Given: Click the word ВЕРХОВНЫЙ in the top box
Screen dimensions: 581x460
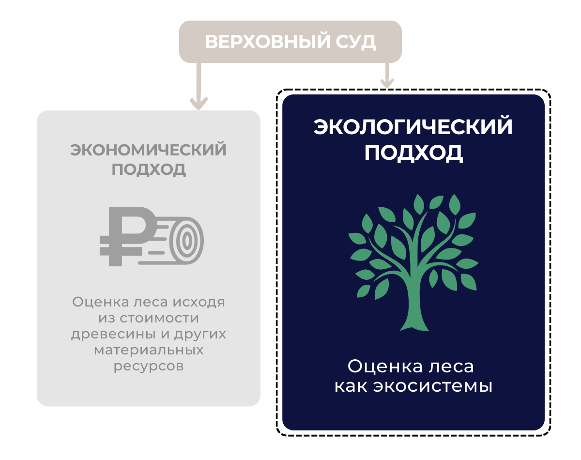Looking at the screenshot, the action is (x=268, y=42).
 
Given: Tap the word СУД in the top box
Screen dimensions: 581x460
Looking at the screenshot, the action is (x=356, y=42).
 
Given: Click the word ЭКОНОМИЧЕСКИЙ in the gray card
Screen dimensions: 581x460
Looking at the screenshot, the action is (x=149, y=150).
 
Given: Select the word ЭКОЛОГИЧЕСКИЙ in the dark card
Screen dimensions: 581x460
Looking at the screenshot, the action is (x=413, y=126).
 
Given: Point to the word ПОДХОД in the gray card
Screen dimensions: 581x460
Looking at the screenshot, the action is (x=149, y=169).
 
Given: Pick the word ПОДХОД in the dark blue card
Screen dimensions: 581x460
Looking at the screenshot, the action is (x=413, y=153).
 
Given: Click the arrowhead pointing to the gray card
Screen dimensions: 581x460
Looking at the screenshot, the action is (x=199, y=103).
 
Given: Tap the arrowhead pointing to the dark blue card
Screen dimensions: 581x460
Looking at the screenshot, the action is (x=387, y=83).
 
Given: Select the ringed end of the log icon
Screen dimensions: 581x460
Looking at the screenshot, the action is (x=186, y=240).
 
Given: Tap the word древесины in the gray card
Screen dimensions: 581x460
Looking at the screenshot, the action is (x=113, y=335).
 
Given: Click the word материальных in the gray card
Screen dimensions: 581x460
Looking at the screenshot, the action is (x=149, y=350).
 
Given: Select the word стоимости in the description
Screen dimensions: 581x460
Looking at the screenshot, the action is (x=159, y=318).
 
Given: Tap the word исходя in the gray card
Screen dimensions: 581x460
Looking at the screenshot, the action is (x=199, y=303).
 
